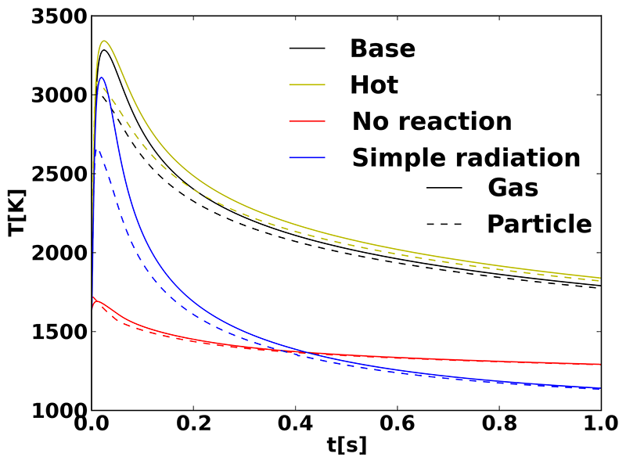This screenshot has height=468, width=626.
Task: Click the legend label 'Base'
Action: click(382, 49)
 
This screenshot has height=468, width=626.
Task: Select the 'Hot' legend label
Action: click(373, 85)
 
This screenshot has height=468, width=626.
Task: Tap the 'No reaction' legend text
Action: click(432, 121)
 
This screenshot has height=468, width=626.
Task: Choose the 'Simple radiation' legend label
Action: click(466, 157)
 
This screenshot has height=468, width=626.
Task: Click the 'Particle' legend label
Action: click(539, 224)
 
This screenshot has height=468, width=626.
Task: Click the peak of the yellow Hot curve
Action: click(103, 41)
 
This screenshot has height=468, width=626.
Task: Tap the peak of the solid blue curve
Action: click(101, 77)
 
